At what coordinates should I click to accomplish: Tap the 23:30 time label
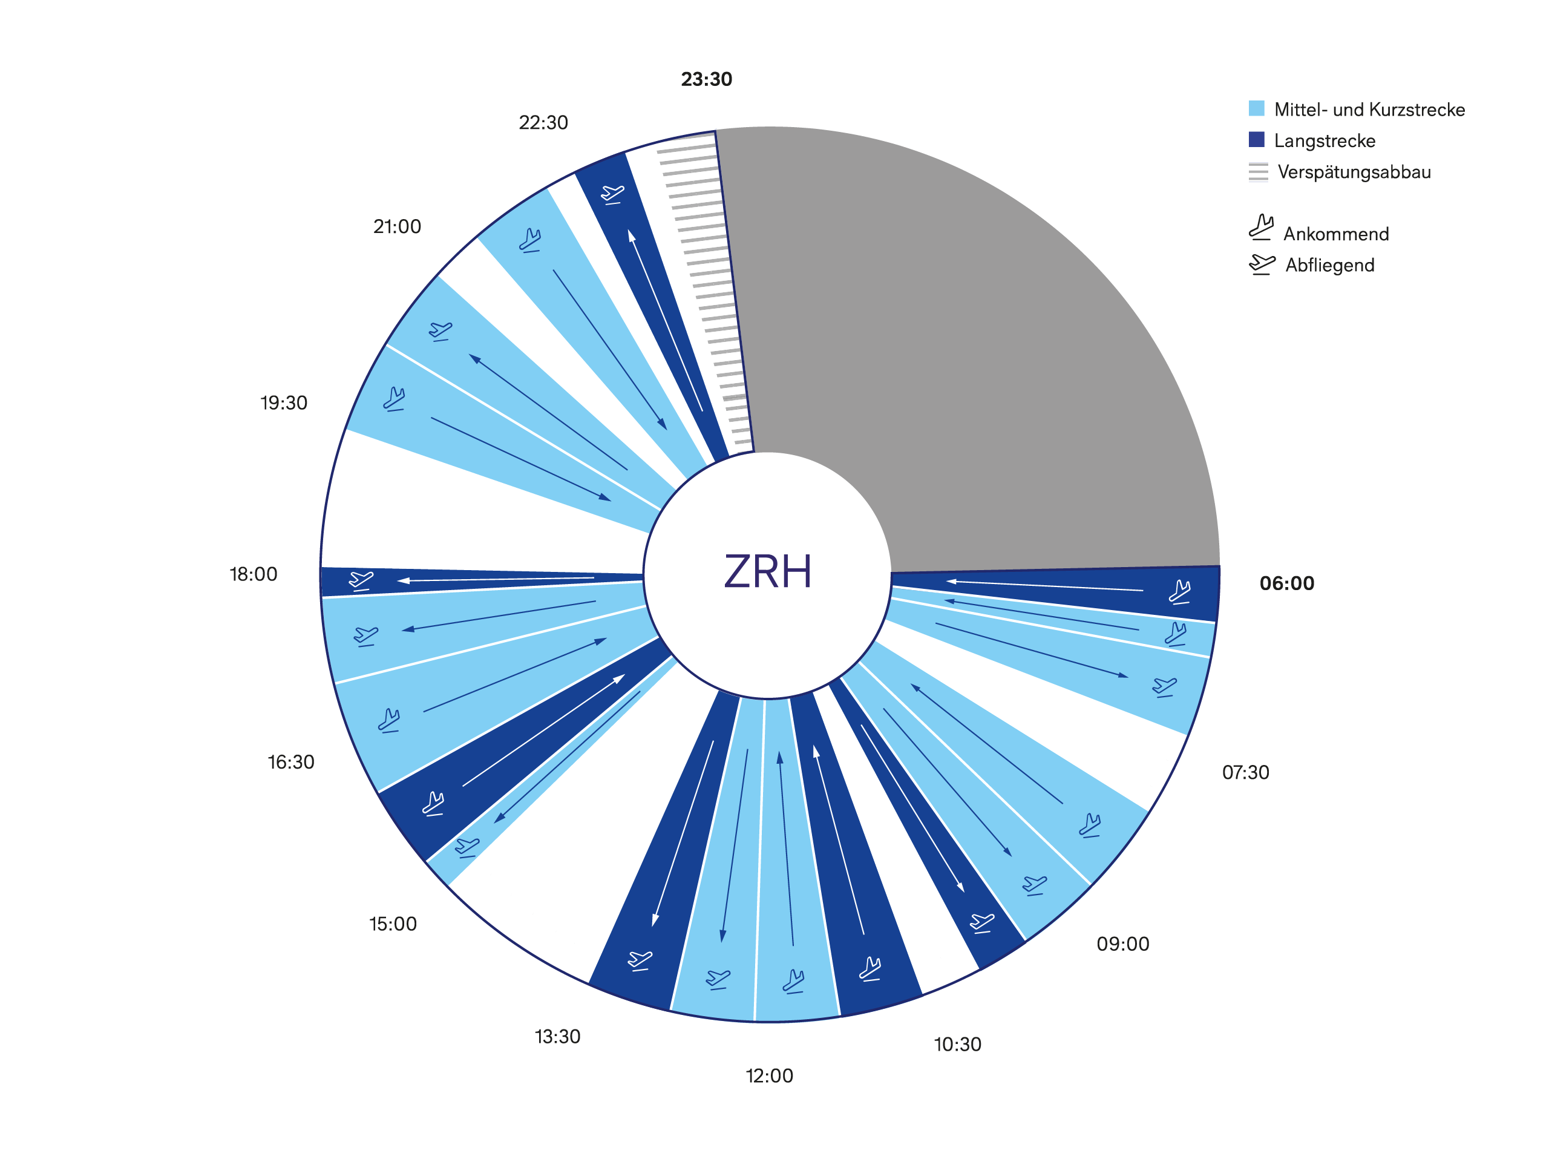707,79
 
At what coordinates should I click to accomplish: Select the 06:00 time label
1286,583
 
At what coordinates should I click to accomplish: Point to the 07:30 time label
1245,773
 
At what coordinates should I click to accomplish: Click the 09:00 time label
1122,944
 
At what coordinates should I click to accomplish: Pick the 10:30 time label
957,1045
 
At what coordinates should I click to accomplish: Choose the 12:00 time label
769,1077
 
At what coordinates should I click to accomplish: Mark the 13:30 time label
557,1037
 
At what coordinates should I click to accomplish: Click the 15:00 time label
393,925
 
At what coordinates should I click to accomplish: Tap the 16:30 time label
290,762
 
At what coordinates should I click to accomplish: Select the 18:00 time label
254,574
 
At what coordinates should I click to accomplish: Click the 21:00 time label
397,227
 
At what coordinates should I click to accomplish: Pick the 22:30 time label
543,123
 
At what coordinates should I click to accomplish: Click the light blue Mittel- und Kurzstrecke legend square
1256,108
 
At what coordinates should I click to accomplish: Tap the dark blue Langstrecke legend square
1256,139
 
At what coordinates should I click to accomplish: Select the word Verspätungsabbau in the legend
1354,172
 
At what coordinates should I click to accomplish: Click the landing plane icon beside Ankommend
1260,228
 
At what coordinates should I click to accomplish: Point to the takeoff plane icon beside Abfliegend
1261,264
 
